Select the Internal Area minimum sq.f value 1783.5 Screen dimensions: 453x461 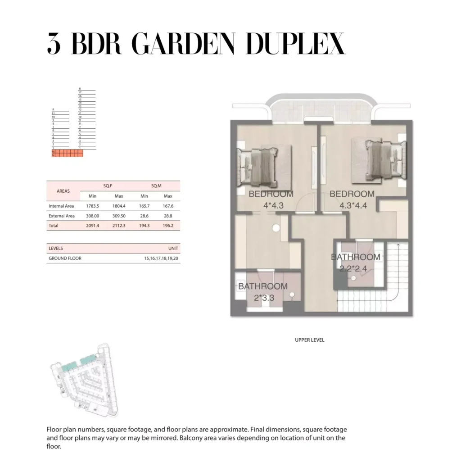[92, 206]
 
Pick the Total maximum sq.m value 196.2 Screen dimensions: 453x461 [168, 225]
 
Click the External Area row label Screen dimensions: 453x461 [62, 216]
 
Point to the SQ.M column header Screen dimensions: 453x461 [156, 186]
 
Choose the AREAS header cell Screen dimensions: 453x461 [63, 191]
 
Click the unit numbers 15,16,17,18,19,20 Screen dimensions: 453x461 [161, 258]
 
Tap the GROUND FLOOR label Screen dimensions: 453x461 [65, 258]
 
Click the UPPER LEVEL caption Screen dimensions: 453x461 [310, 340]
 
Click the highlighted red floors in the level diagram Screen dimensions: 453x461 [68, 154]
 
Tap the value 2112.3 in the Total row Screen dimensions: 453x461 [119, 225]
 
